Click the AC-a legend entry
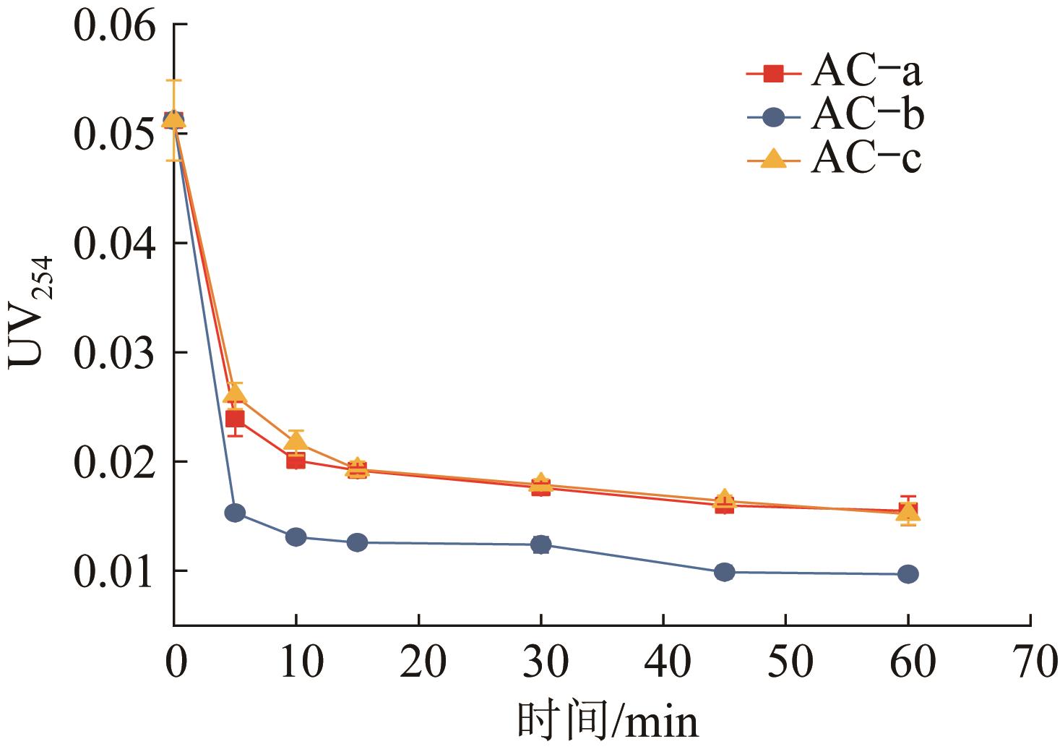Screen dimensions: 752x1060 (x=835, y=72)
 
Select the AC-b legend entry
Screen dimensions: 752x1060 (x=835, y=116)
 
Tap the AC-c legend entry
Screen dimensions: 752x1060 (x=835, y=158)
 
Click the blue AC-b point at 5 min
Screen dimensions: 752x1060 (x=235, y=513)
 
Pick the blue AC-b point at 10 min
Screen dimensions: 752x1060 (x=296, y=537)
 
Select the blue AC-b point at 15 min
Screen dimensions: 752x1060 (x=357, y=542)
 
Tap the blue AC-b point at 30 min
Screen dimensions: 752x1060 (x=540, y=544)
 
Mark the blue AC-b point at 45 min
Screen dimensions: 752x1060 (x=725, y=572)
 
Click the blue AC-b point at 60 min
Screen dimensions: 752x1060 (x=908, y=574)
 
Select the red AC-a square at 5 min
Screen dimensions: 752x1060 (x=235, y=419)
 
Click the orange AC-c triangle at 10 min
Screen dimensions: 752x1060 (x=296, y=440)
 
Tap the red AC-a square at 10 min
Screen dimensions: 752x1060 (x=296, y=460)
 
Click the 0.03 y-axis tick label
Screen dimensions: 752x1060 (x=114, y=353)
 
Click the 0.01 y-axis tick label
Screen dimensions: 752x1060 (x=114, y=571)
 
